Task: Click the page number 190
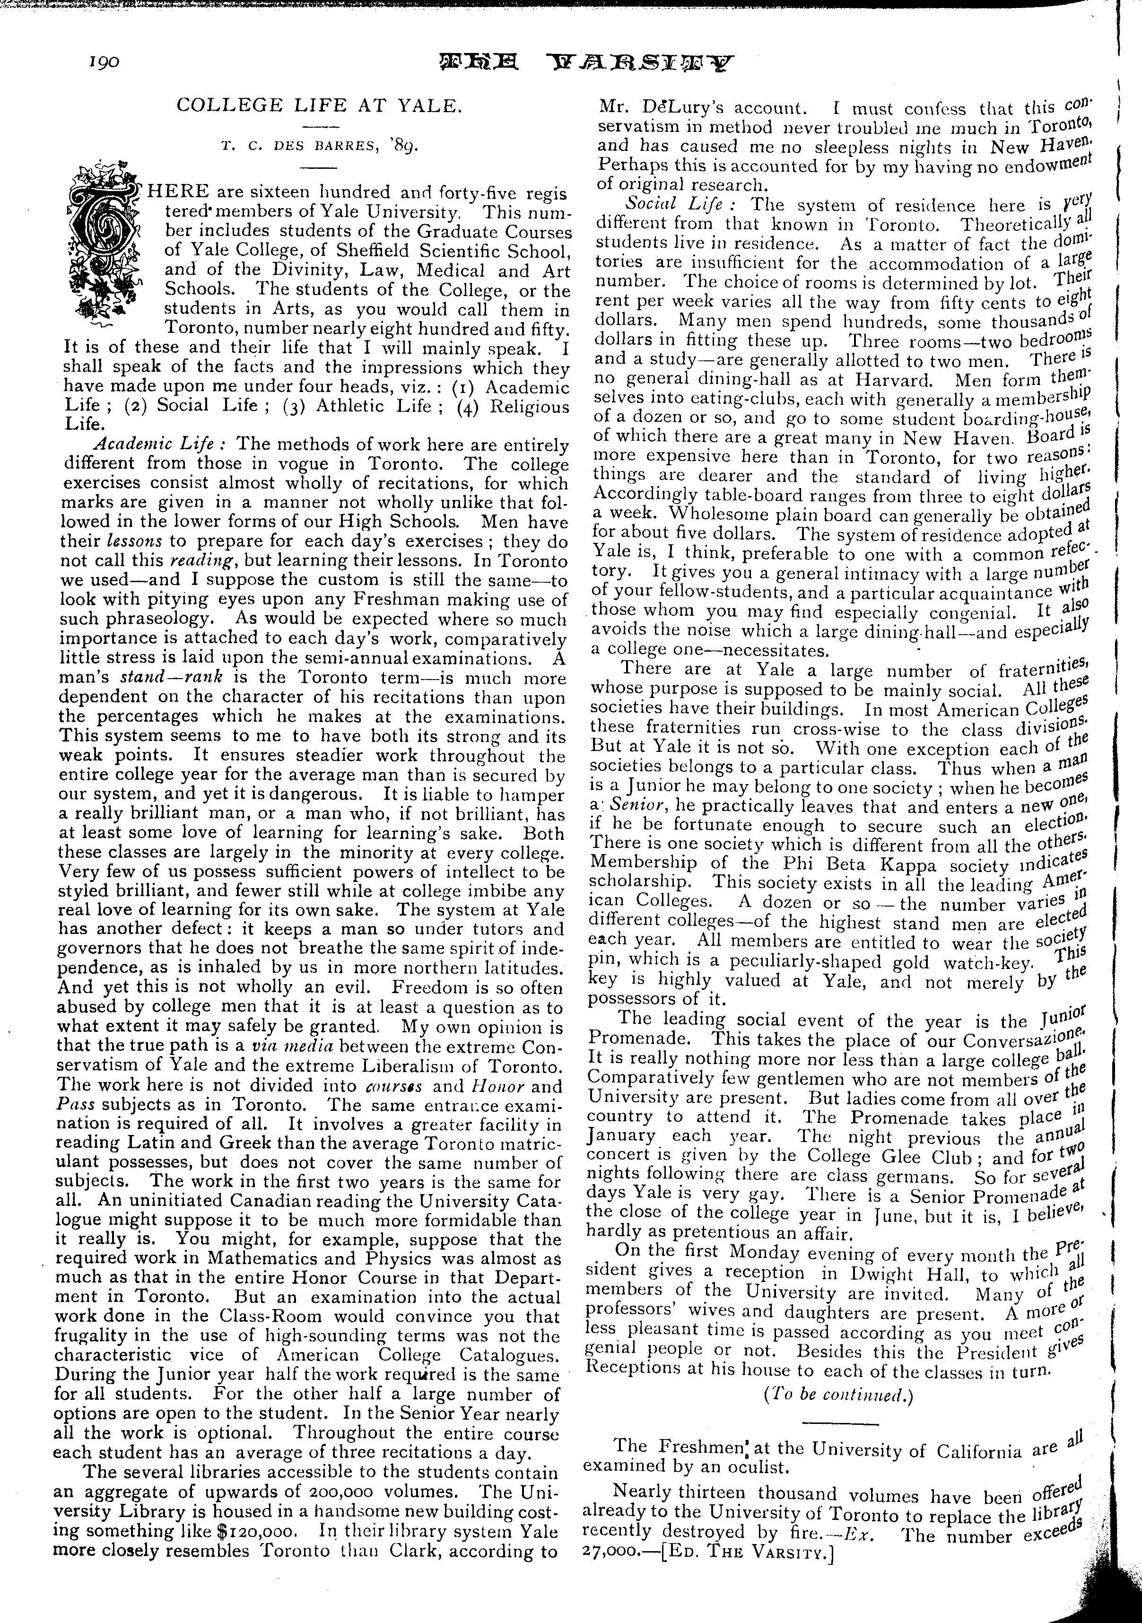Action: pos(103,61)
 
